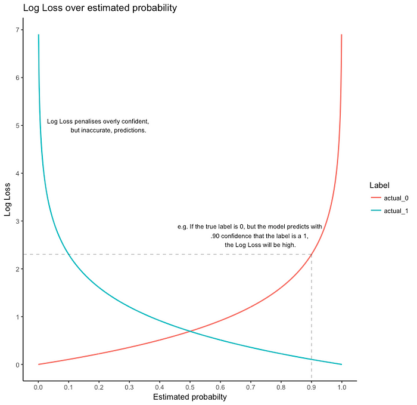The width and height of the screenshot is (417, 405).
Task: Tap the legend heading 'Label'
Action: coord(379,185)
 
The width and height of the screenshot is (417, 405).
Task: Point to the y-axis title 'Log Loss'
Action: coord(8,198)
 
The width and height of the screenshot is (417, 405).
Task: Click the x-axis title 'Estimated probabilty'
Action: coord(190,397)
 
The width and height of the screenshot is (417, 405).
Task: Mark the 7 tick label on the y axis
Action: coord(18,30)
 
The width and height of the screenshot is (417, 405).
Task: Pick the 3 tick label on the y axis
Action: coord(18,221)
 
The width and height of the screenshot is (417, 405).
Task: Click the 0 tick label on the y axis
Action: coord(18,364)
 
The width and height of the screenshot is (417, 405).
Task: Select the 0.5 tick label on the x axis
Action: coord(190,387)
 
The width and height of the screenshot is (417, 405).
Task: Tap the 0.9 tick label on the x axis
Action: coord(311,387)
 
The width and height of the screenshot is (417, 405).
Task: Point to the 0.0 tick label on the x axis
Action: coord(38,387)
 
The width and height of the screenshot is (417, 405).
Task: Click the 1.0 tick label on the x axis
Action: coord(341,387)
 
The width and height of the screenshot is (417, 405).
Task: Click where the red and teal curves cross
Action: coord(190,331)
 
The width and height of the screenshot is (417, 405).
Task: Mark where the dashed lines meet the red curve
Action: coord(311,255)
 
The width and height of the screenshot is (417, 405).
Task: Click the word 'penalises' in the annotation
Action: coord(90,122)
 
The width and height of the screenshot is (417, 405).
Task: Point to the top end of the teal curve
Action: coord(39,35)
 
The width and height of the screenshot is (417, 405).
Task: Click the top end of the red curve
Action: coord(341,35)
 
